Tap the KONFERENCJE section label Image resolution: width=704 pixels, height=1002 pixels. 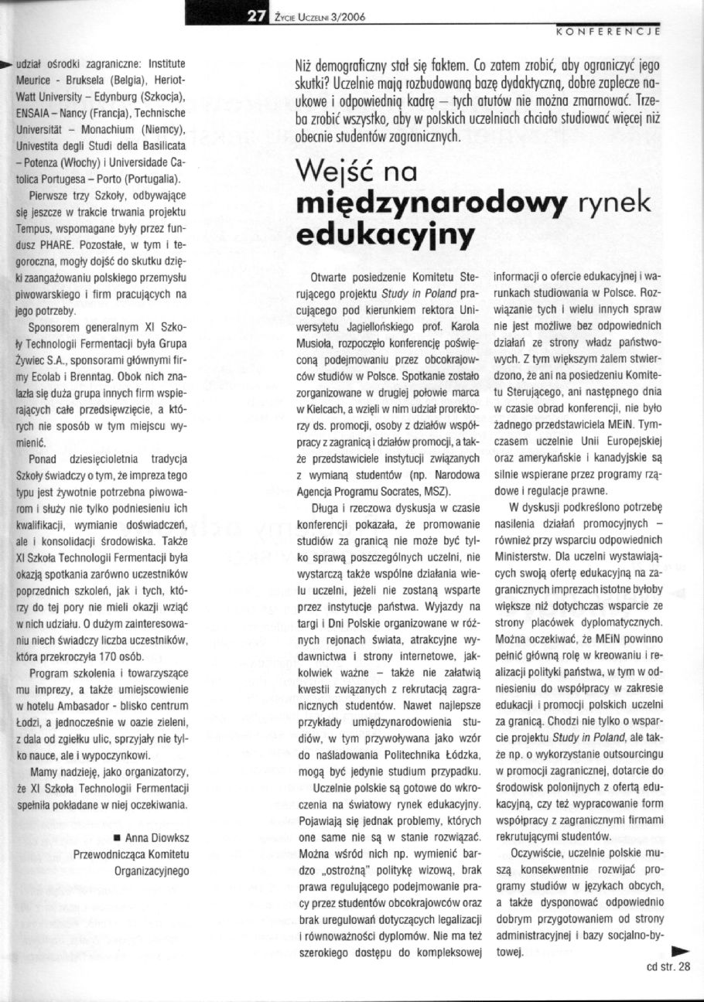pyautogui.click(x=607, y=32)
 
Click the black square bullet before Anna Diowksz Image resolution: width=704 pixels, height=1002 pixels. pyautogui.click(x=115, y=837)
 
